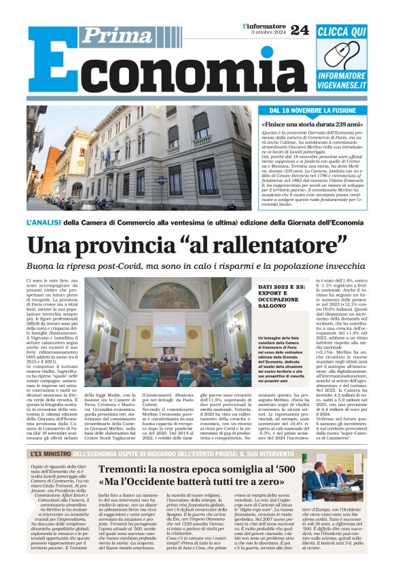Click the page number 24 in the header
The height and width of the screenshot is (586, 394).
tap(299, 29)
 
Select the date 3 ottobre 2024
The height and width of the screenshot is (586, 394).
tap(266, 33)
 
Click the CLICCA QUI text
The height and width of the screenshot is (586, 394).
tap(341, 31)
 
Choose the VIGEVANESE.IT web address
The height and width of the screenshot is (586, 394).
tap(342, 86)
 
